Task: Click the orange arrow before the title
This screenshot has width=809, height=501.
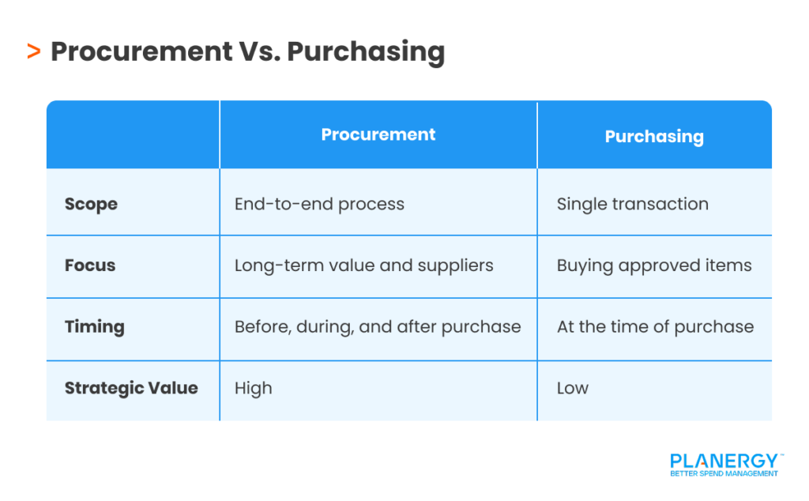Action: pos(33,52)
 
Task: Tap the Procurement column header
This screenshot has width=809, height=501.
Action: pos(378,134)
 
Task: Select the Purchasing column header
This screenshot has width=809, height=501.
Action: pos(654,136)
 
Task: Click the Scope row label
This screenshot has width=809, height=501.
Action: pos(91,204)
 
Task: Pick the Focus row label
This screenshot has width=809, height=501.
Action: pos(90,266)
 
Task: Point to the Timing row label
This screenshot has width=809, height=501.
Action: pos(94,327)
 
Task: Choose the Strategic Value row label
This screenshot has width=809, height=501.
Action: pos(131,388)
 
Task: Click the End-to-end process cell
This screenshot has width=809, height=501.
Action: pos(319,204)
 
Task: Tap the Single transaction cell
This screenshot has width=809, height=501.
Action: pos(632,204)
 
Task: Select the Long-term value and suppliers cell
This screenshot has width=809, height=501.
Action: pos(363,266)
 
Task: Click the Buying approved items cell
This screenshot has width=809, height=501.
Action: pos(654,266)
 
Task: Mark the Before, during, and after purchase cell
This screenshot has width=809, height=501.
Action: pos(378,327)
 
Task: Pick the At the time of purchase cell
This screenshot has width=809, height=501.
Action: pos(655,327)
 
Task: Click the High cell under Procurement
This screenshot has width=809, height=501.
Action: pos(253,388)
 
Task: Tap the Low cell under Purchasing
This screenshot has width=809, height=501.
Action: pos(572,388)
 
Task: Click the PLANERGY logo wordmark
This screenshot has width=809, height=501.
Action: pos(724,461)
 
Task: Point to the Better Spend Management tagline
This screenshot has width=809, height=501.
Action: pos(724,473)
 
